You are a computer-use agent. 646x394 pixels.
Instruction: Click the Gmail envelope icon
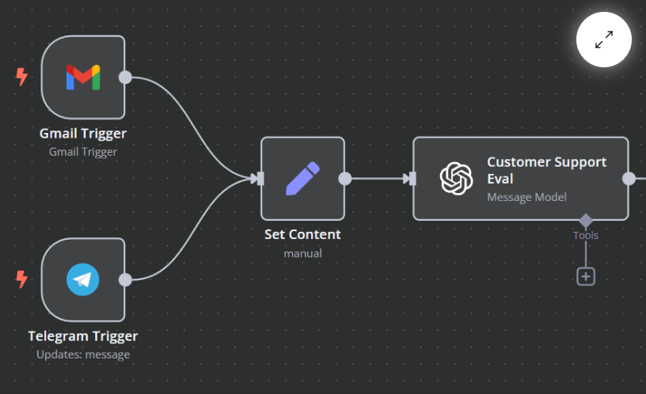tap(83, 78)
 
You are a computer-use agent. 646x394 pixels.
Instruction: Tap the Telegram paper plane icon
tap(83, 279)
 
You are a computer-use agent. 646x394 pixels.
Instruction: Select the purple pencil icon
tap(302, 178)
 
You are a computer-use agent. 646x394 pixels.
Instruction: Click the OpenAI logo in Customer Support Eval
tap(456, 178)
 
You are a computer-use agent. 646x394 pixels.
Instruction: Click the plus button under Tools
tap(586, 276)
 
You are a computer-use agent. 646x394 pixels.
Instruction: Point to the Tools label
tap(586, 236)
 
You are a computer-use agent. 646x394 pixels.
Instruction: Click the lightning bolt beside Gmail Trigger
tap(21, 77)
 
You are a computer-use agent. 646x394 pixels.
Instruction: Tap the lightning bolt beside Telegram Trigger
tap(21, 279)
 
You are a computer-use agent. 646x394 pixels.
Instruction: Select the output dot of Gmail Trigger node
tap(125, 77)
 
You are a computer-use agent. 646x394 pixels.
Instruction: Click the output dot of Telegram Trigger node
tap(125, 280)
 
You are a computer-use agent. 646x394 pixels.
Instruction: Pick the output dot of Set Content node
tap(345, 179)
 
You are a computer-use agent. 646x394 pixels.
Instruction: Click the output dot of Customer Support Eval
tap(629, 179)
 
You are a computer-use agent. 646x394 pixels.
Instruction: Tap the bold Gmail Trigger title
tap(83, 134)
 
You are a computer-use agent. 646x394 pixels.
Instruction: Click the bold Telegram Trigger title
tap(83, 336)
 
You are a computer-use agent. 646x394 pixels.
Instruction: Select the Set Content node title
tap(302, 234)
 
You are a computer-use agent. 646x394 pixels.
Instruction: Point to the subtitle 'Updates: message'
tap(83, 354)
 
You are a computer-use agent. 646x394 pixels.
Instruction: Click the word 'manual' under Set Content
tap(302, 253)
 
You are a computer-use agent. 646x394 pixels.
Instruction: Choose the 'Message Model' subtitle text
tap(526, 197)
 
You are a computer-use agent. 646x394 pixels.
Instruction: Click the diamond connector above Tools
tap(586, 221)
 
